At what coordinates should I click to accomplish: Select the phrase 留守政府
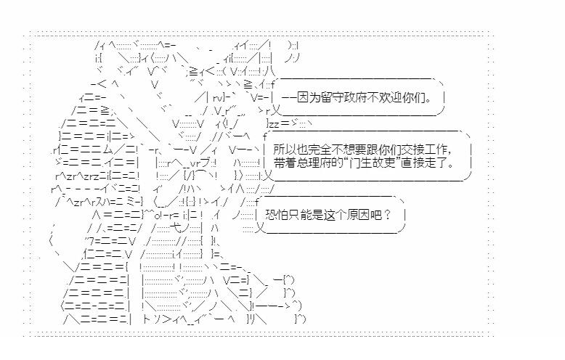click(342, 97)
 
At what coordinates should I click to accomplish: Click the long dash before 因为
click(288, 97)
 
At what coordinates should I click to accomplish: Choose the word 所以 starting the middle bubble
click(285, 149)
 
